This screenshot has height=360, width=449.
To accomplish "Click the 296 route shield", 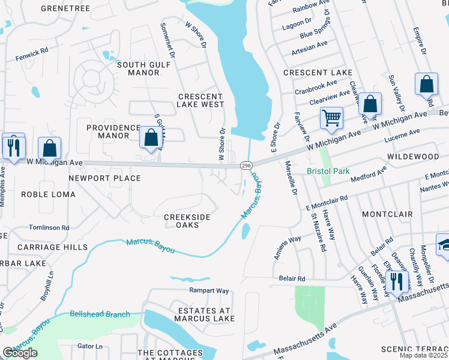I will tap(246, 165).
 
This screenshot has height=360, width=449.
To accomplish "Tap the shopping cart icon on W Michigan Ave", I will tap(331, 117).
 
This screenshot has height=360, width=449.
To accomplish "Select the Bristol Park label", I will tap(328, 171).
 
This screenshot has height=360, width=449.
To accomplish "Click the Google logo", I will tap(20, 353).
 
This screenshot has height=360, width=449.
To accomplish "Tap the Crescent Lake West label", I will tap(200, 100).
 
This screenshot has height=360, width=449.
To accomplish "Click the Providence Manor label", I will tap(113, 131).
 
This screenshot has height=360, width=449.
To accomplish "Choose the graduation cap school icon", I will tap(444, 245).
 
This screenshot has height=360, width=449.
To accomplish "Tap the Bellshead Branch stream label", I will tap(100, 314).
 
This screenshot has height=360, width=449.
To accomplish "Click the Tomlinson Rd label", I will tap(49, 228).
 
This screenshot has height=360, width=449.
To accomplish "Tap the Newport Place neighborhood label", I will tap(104, 178).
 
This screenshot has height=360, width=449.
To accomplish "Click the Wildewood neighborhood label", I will tap(413, 157).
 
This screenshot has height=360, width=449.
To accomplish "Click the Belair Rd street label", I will tap(292, 278).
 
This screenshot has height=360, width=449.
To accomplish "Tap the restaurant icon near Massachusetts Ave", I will tap(396, 280).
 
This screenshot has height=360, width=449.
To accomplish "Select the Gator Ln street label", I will tap(90, 346).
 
